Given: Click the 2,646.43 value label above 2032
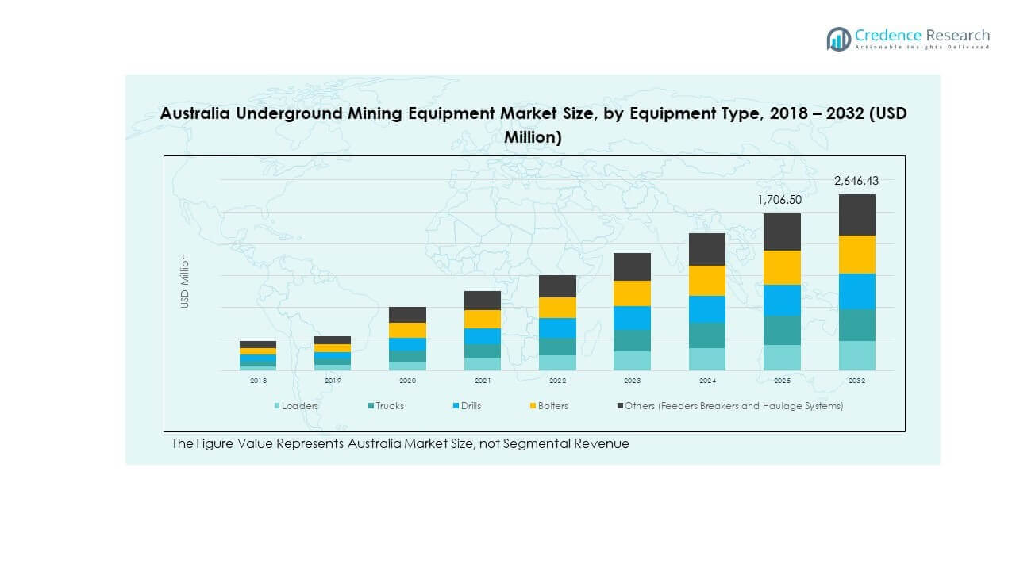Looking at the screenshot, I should pos(856,181).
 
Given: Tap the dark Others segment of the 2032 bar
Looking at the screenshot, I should pos(856,215).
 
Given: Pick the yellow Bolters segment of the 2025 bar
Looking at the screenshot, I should pos(782,267).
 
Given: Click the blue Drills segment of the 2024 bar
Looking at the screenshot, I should pos(706,309).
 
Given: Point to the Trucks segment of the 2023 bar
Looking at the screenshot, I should pos(632,340).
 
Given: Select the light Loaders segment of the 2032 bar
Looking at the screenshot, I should pos(856,355).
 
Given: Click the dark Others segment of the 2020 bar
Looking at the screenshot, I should pos(407,315).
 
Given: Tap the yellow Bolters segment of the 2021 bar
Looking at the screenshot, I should pos(482,319).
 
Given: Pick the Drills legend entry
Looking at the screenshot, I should pos(469,406).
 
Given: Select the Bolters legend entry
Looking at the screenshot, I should pos(552,406).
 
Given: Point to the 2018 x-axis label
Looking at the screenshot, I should pos(258,381).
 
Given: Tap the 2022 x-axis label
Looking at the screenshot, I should pos(557,381).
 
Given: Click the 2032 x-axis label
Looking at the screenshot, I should pos(856,381).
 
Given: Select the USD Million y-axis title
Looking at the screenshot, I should pos(185,281).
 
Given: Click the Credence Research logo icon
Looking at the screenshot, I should pos(838,39).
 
